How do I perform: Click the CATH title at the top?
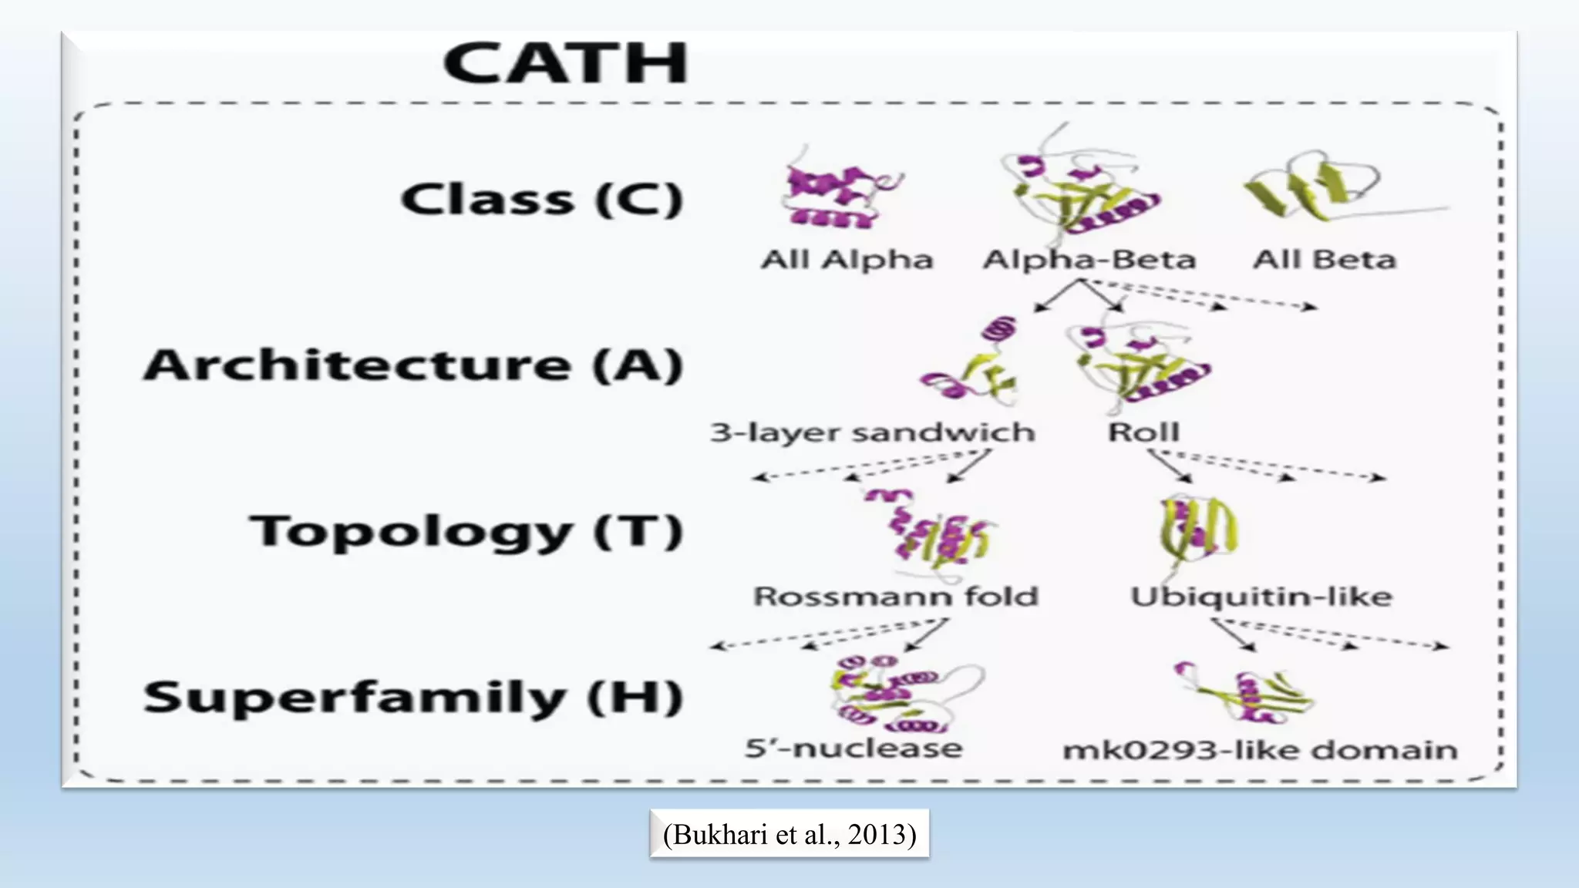coord(565,63)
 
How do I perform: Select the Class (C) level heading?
coord(541,200)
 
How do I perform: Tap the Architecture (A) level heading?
coord(413,365)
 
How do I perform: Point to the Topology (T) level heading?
coord(466,532)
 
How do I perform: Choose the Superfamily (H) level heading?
coord(413,698)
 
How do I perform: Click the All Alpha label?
coord(847,260)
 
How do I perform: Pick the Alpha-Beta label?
coord(1089,260)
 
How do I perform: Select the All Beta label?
coord(1324,260)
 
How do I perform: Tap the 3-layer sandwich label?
coord(872,432)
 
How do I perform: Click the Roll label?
coord(1143,432)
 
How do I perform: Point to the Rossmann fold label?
coord(896,597)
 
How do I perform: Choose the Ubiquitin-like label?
coord(1261,597)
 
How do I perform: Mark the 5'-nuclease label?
coord(853,748)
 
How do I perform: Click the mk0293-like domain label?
coord(1260,750)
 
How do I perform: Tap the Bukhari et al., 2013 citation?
coord(789,834)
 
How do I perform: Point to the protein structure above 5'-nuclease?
coord(894,694)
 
